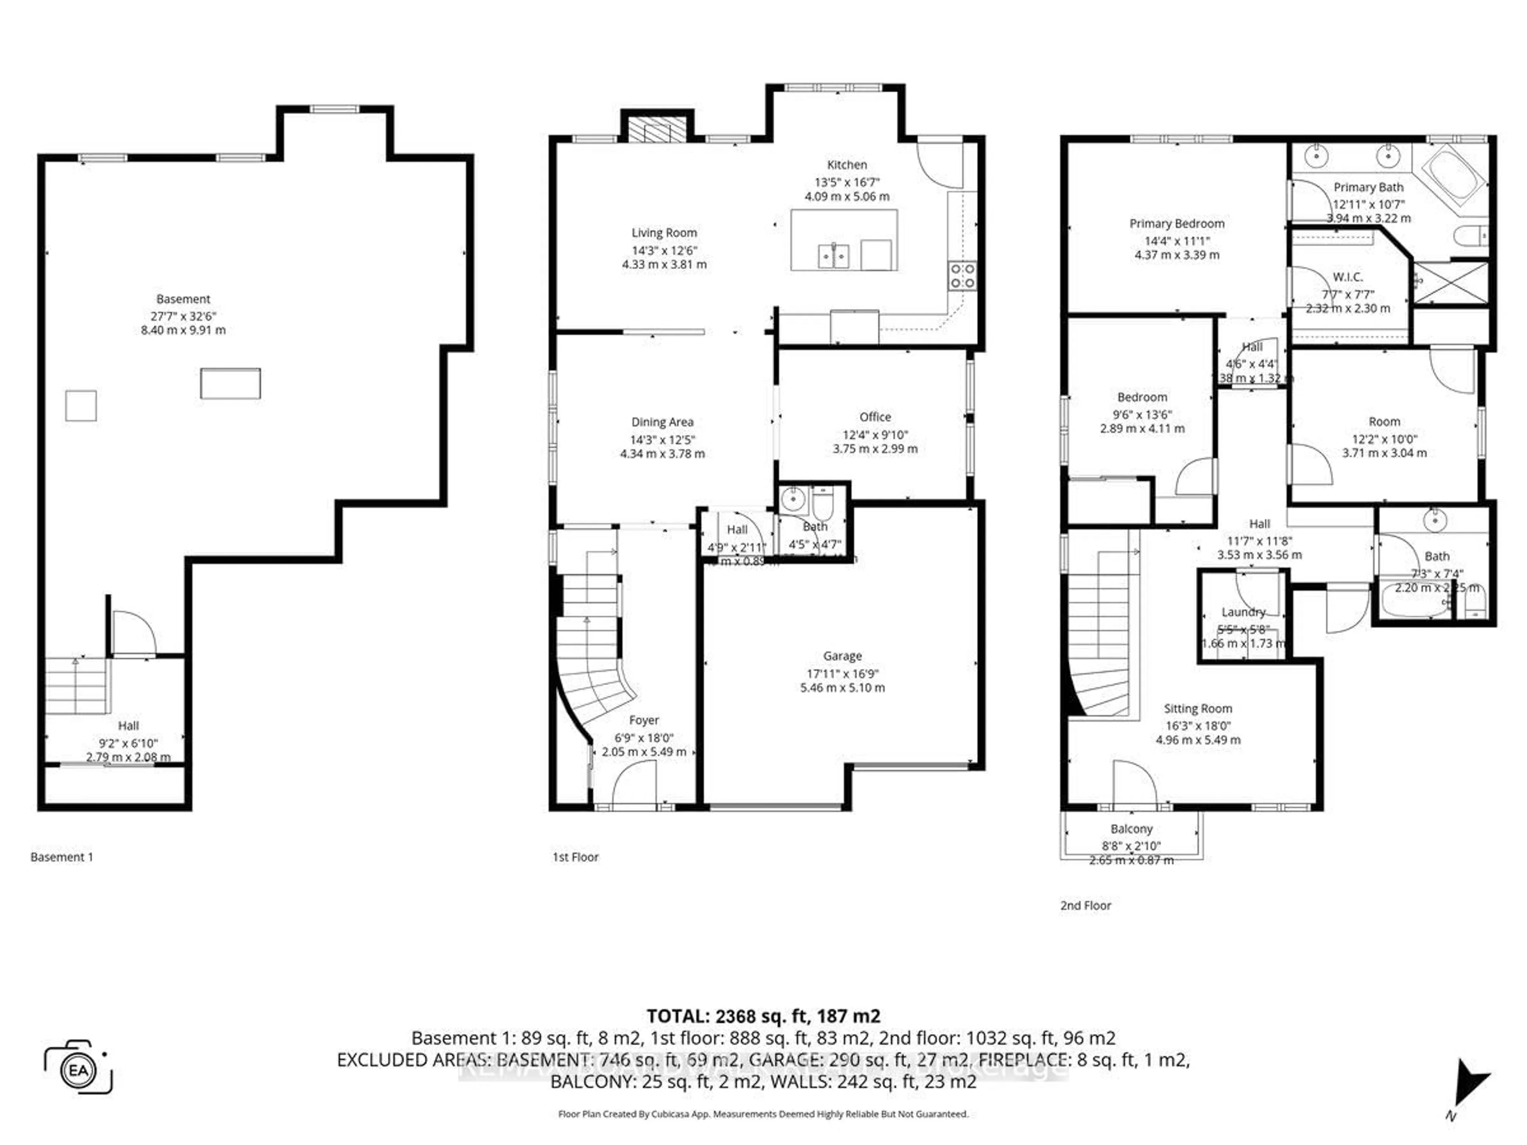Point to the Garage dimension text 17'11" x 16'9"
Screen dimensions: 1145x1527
point(842,673)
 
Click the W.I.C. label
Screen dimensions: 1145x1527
point(1348,277)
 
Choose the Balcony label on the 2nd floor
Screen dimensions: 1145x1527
point(1131,829)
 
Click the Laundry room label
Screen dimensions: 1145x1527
point(1243,611)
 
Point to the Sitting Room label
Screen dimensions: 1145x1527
point(1198,708)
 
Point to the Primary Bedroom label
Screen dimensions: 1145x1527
point(1176,223)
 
